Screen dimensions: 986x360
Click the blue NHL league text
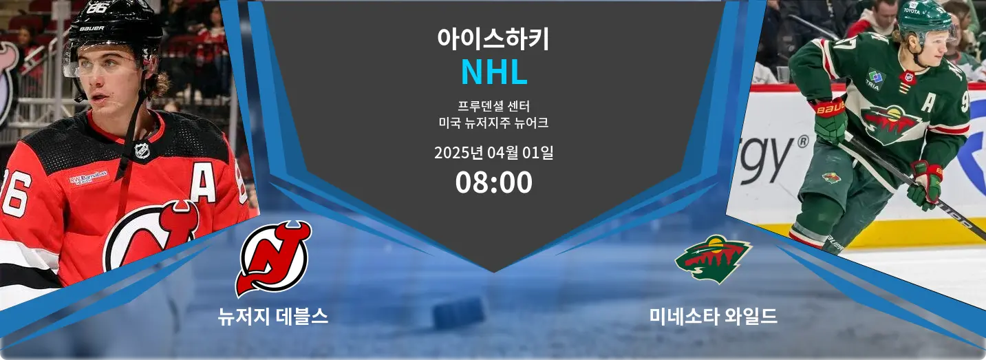click(x=494, y=72)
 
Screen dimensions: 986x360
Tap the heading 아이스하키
click(x=493, y=39)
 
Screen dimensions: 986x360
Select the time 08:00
click(x=494, y=182)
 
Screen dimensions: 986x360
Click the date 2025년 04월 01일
click(x=494, y=153)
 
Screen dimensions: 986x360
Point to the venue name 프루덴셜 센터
click(x=494, y=106)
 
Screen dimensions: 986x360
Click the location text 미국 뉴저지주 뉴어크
click(x=494, y=123)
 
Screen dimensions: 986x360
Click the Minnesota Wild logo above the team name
click(x=714, y=259)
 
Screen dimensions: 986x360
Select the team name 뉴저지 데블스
click(x=273, y=317)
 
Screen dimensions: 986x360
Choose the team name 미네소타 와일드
click(x=713, y=317)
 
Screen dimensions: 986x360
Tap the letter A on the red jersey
click(x=203, y=184)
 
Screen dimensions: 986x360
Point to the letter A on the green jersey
click(x=928, y=103)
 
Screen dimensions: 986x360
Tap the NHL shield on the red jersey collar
click(x=142, y=151)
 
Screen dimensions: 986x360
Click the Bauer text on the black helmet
click(x=92, y=28)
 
